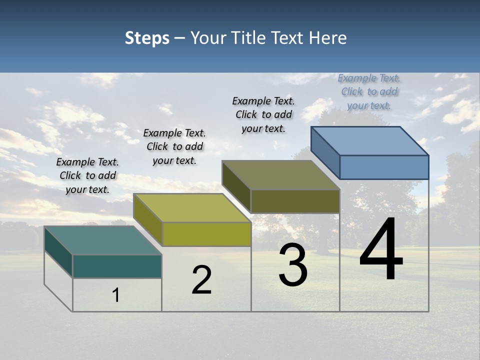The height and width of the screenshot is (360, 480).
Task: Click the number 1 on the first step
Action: click(x=116, y=295)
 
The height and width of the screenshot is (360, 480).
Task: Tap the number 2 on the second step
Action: click(x=201, y=280)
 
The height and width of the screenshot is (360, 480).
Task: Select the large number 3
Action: click(x=293, y=265)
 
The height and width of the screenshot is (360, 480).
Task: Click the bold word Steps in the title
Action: click(x=147, y=38)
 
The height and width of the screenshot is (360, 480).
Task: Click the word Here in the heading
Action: click(x=328, y=38)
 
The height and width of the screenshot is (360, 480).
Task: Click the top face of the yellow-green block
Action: click(x=191, y=207)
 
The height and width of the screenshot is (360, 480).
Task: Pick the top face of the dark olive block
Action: click(x=280, y=175)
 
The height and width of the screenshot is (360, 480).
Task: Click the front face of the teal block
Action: click(x=117, y=266)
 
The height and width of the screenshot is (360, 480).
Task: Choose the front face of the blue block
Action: click(x=384, y=167)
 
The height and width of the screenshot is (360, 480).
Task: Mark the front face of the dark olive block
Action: click(x=295, y=201)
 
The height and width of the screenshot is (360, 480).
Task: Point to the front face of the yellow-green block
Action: click(x=206, y=234)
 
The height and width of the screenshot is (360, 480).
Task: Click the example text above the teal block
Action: click(x=87, y=175)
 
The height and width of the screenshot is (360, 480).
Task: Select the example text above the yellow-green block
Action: click(x=174, y=146)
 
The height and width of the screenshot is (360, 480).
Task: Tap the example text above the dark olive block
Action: click(x=263, y=114)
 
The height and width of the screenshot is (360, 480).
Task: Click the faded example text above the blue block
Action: click(x=369, y=91)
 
